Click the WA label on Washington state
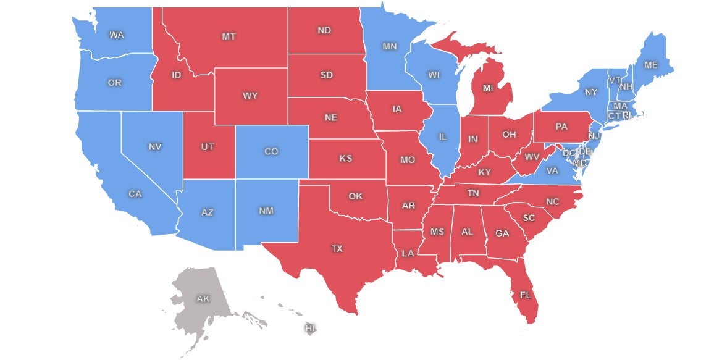coord(116,35)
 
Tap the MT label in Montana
coord(229,36)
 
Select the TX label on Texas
coord(337,249)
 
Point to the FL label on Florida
coord(525,295)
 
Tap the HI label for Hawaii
coord(310,329)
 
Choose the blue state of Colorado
coord(271,151)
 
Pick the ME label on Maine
coord(651,65)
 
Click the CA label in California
coord(135,194)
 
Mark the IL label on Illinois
coord(442,138)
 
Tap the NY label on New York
coord(591,92)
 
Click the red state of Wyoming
coord(250,96)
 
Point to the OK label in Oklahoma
coord(355,196)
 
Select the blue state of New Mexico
coord(266,211)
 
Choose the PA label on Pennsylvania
coord(561,127)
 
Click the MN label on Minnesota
coord(389,46)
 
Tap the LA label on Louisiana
coord(408,253)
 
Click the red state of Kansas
coord(345,159)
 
